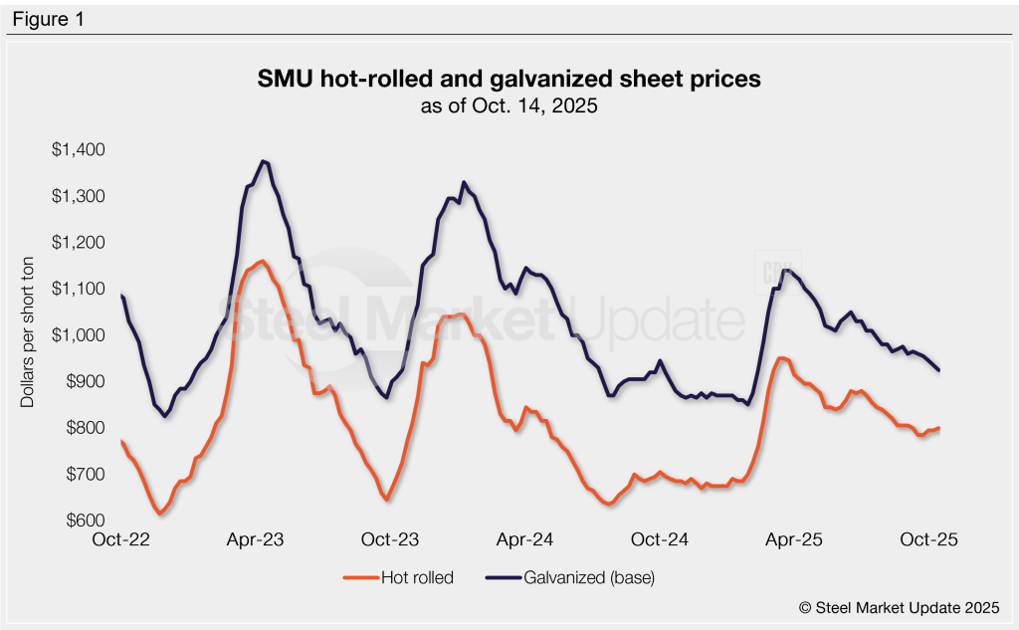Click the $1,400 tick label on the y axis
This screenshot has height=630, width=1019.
[79, 150]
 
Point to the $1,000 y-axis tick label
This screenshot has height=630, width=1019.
[79, 335]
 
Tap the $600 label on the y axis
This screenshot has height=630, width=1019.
[84, 521]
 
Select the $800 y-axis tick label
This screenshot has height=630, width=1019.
[84, 428]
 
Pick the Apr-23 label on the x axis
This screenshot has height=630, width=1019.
[256, 540]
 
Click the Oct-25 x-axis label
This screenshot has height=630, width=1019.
[928, 540]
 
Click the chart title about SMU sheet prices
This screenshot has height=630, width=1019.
[509, 80]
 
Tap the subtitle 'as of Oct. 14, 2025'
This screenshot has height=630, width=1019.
[509, 105]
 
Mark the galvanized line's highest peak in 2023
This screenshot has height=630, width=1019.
[264, 161]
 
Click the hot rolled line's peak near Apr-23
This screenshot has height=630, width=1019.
[262, 262]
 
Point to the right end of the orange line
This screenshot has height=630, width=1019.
[939, 428]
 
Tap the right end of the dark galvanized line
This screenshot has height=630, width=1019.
[939, 371]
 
